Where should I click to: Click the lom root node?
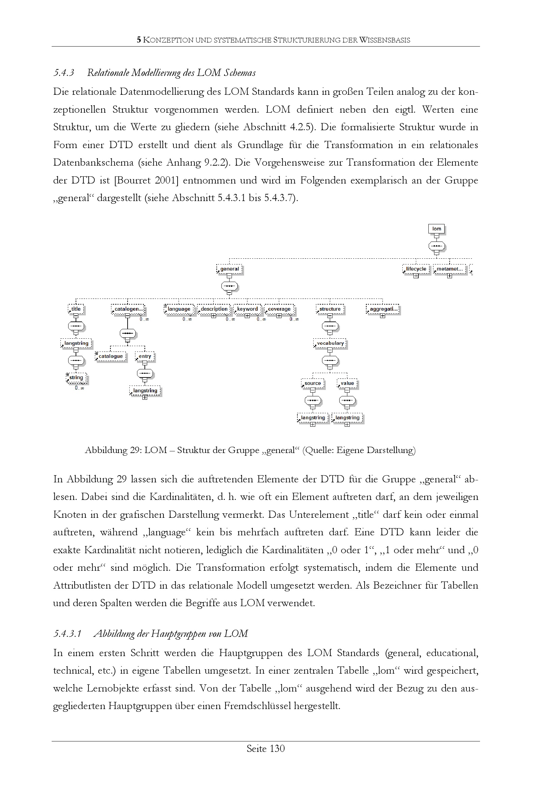(436, 229)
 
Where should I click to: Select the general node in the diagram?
(229, 269)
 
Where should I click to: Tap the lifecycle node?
(416, 269)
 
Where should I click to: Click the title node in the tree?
(76, 309)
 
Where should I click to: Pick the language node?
(179, 309)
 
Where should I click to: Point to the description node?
(214, 309)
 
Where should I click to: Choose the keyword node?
(247, 309)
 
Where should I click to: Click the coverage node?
(279, 309)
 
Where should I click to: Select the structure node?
(330, 309)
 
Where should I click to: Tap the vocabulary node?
(330, 343)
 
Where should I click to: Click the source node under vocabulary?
(313, 383)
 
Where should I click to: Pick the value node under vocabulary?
(347, 383)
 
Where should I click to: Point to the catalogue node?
(111, 356)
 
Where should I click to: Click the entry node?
(145, 356)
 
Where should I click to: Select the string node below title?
(76, 378)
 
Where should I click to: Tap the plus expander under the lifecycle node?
(416, 276)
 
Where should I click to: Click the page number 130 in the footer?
(277, 749)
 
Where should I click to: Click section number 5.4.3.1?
(68, 634)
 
